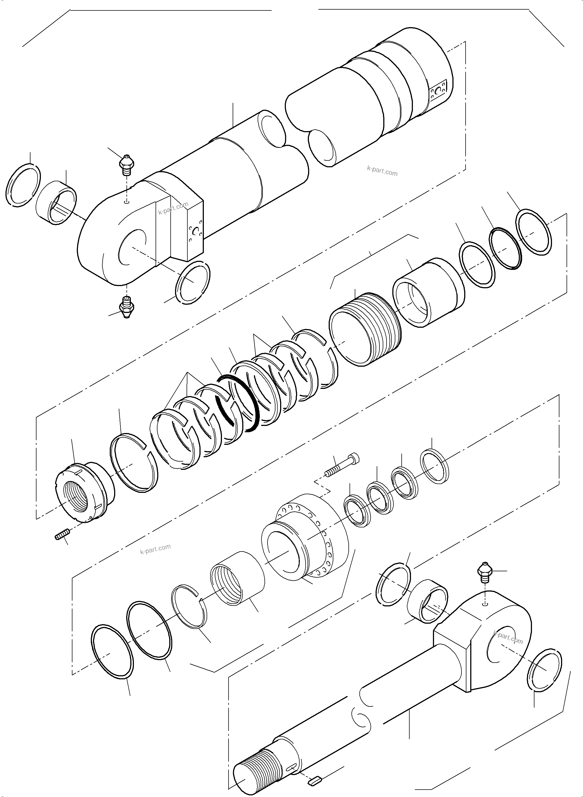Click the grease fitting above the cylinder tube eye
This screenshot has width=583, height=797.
pyautogui.click(x=126, y=165)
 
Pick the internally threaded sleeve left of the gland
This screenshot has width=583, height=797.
pyautogui.click(x=237, y=582)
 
